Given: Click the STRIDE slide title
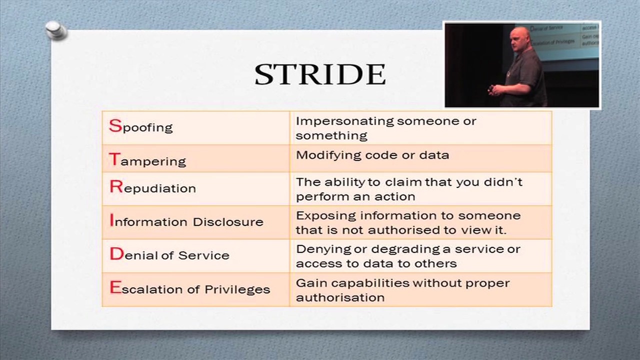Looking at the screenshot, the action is click(320, 74).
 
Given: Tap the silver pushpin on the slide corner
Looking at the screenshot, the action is click(56, 30).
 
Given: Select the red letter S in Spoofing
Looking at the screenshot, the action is click(115, 125).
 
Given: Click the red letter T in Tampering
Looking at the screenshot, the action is click(114, 159).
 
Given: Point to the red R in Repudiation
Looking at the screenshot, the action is click(116, 186).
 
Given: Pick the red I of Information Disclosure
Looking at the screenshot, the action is click(111, 220).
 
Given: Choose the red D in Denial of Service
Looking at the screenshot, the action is click(117, 253).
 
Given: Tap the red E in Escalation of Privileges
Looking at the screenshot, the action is click(115, 287).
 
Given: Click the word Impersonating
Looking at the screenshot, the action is click(345, 121).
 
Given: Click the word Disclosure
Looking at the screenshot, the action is click(228, 222).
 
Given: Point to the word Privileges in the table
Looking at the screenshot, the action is click(237, 289).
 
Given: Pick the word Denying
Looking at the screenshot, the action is click(323, 249).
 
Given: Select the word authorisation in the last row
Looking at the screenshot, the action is click(340, 297).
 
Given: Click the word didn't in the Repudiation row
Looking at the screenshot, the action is click(503, 182).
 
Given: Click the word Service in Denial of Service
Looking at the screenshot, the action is click(203, 255).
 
